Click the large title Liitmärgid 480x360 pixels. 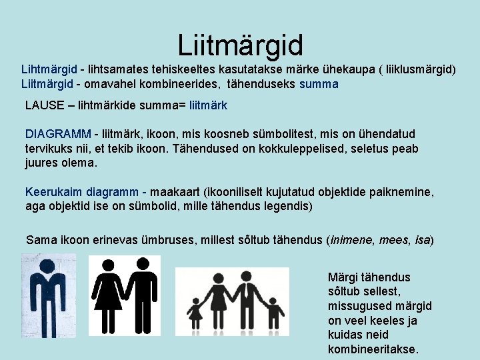point(240,45)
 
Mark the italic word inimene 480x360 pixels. point(351,239)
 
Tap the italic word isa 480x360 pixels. point(423,239)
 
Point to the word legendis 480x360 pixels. point(287,206)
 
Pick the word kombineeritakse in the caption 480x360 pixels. point(373,349)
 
